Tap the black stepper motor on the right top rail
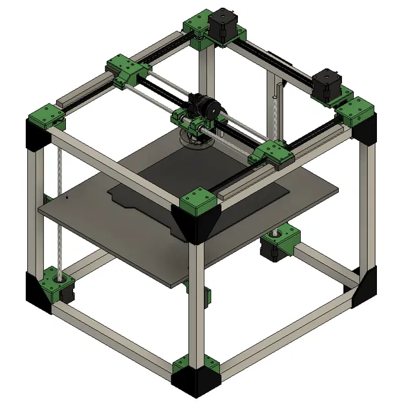(325, 85)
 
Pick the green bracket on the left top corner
(45, 115)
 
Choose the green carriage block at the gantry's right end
(272, 154)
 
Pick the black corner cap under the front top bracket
(197, 226)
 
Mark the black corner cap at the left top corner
(36, 136)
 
